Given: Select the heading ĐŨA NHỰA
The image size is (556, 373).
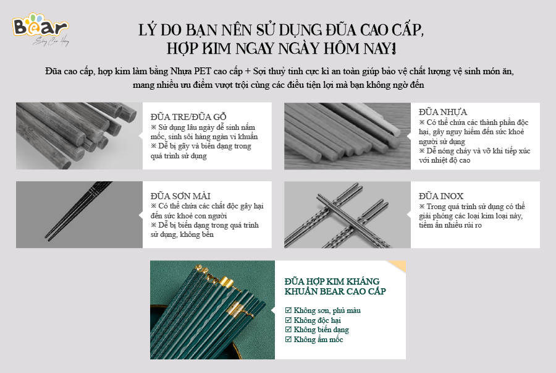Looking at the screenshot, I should tap(442, 112).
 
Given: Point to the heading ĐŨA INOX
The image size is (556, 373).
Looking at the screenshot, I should tap(440, 196).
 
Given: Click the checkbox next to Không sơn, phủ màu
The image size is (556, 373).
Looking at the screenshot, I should tap(288, 311).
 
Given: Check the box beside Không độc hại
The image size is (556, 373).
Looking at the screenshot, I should tap(288, 320).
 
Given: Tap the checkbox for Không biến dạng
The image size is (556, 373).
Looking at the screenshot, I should tap(288, 330).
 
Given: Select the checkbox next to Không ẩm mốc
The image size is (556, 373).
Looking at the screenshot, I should tap(288, 340).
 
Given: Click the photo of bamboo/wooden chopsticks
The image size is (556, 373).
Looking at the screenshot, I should tap(79, 135).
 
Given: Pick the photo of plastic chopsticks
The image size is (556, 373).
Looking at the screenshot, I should tap(347, 135).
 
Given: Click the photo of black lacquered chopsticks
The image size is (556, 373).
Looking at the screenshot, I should tap(79, 215).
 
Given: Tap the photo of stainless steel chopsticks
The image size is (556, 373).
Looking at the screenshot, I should tap(347, 215).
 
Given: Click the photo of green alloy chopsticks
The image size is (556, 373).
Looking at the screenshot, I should tap(213, 310).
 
